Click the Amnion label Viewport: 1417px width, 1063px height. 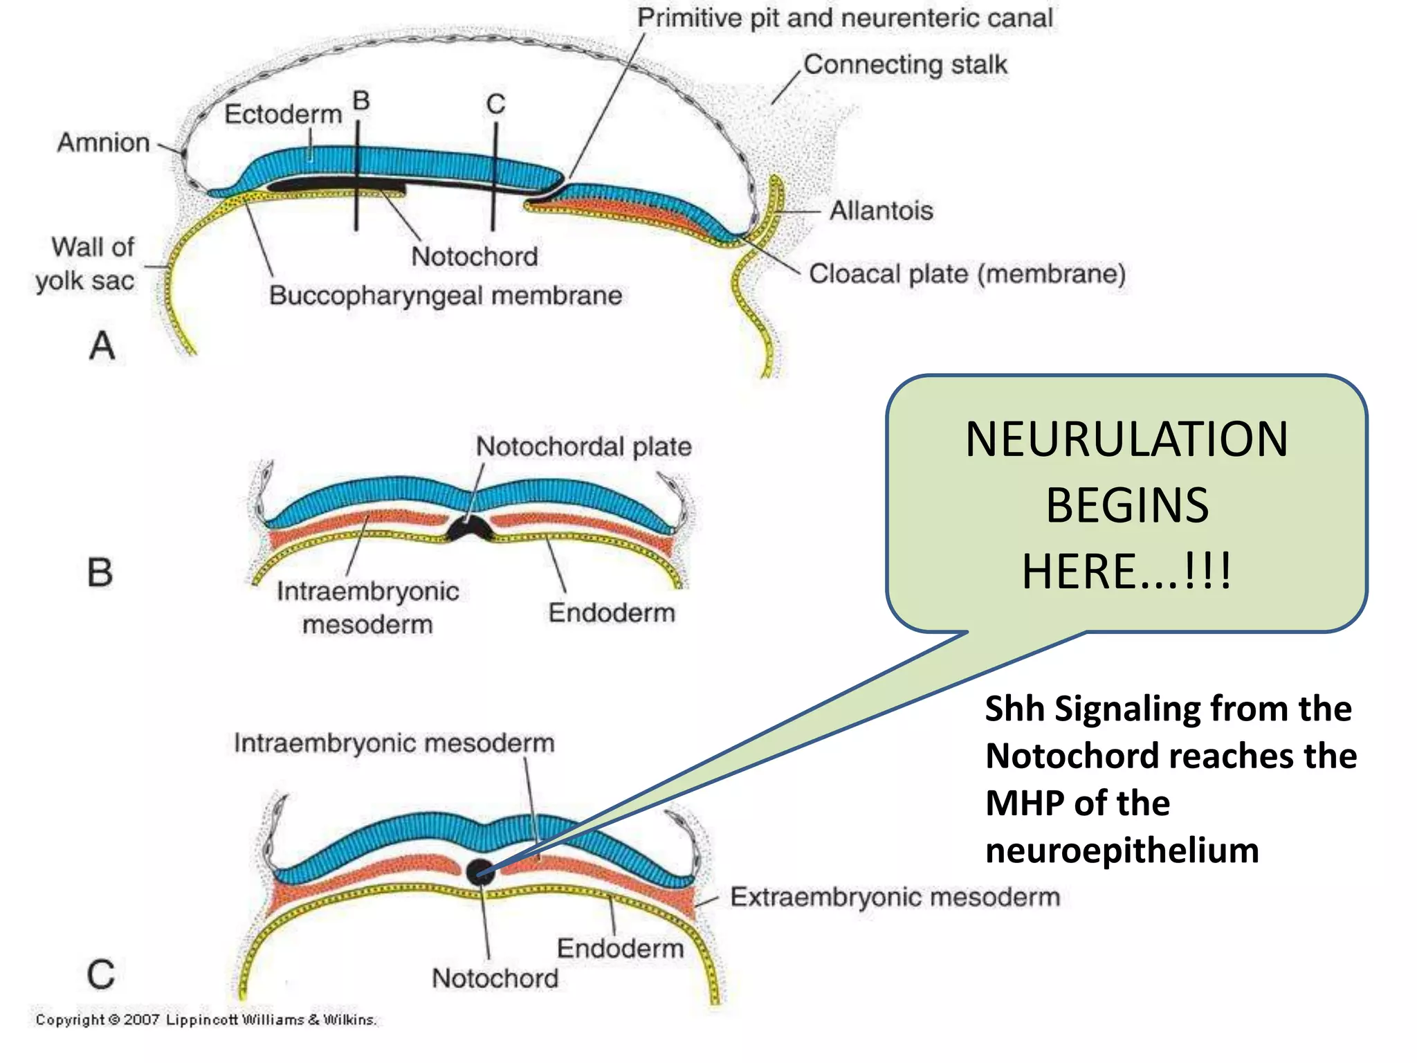click(x=104, y=143)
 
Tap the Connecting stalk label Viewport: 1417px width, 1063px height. click(x=904, y=64)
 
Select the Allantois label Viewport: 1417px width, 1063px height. click(x=881, y=210)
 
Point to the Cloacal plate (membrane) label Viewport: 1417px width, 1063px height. click(x=967, y=274)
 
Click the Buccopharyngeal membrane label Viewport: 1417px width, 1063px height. click(x=446, y=296)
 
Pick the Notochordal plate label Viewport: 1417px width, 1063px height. click(x=583, y=446)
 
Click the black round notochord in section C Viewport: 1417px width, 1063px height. click(x=480, y=872)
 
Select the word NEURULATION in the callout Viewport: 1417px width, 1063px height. click(x=1126, y=439)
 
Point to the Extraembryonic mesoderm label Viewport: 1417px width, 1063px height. click(x=895, y=897)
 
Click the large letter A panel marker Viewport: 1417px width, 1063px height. click(x=102, y=345)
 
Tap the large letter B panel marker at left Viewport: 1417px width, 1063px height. click(x=100, y=573)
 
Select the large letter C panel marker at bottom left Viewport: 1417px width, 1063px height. click(x=100, y=974)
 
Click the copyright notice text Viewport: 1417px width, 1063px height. click(x=205, y=1019)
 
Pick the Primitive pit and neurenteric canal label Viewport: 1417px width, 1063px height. click(x=844, y=18)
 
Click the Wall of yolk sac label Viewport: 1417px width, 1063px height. click(x=86, y=264)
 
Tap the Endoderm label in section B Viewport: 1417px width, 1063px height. click(x=612, y=612)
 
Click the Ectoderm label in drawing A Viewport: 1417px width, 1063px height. click(x=283, y=114)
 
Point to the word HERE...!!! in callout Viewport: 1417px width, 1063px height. click(x=1126, y=572)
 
